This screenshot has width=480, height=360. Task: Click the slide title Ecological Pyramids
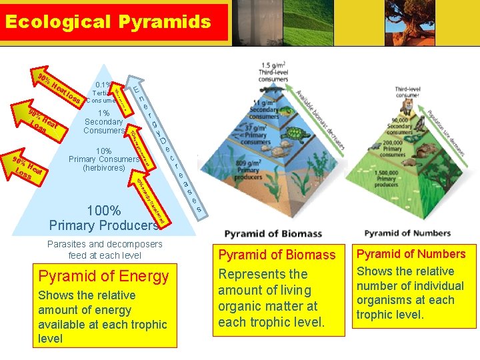pyautogui.click(x=107, y=21)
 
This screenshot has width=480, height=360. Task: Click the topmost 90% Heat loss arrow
pyautogui.click(x=60, y=87)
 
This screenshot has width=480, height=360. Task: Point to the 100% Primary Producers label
pyautogui.click(x=103, y=218)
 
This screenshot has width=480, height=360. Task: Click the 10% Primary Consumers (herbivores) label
pyautogui.click(x=103, y=159)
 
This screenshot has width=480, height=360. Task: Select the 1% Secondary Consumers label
pyautogui.click(x=103, y=122)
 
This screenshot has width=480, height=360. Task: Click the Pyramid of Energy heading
pyautogui.click(x=103, y=275)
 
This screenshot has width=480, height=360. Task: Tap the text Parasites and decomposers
pyautogui.click(x=105, y=244)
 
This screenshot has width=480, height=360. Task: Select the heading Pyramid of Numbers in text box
pyautogui.click(x=411, y=254)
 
